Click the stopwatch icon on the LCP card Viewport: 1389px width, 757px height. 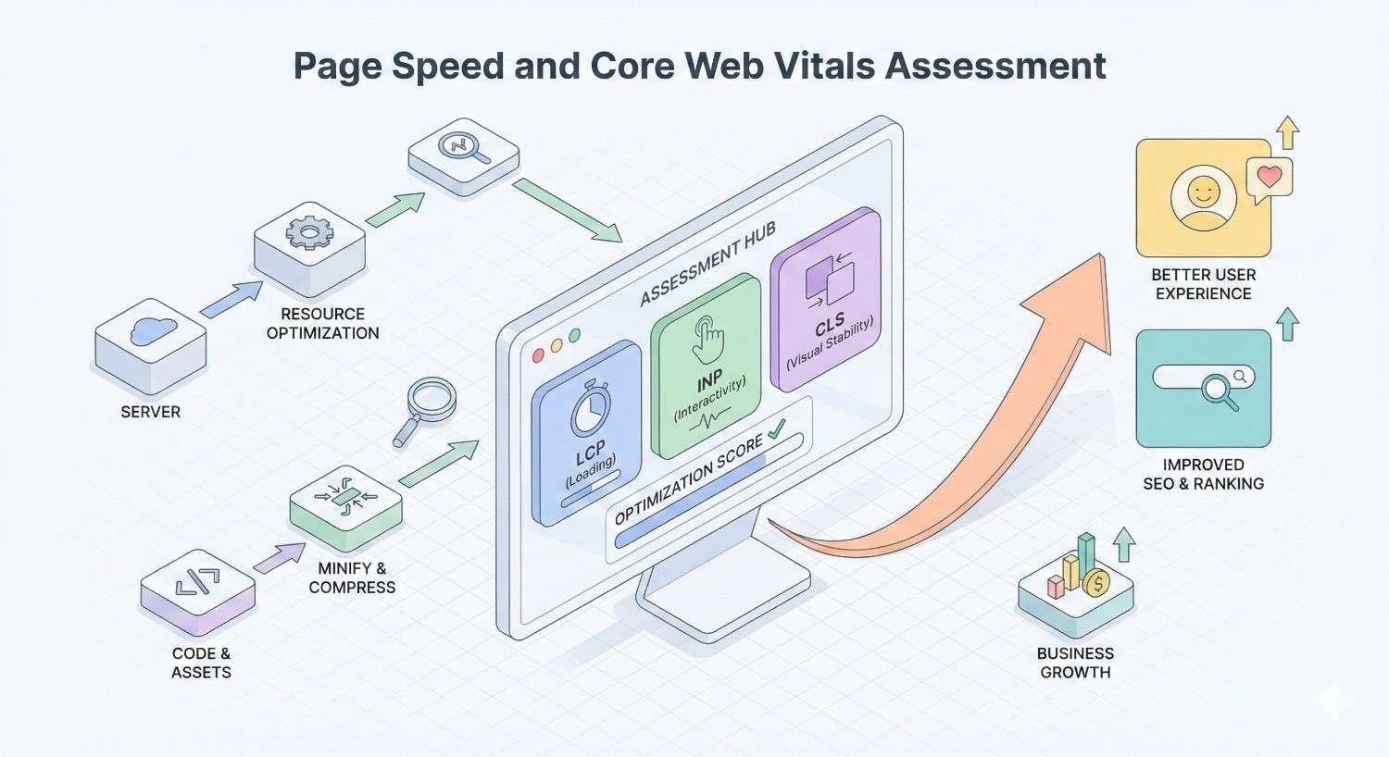click(x=590, y=410)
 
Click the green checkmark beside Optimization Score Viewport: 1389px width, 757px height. click(x=776, y=428)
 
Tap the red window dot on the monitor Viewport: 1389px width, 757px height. click(x=538, y=355)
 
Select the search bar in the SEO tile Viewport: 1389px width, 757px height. click(x=1203, y=377)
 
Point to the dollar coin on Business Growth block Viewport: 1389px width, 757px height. click(x=1096, y=582)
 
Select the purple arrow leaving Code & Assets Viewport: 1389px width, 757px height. click(x=280, y=557)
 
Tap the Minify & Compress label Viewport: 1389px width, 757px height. click(x=352, y=577)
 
